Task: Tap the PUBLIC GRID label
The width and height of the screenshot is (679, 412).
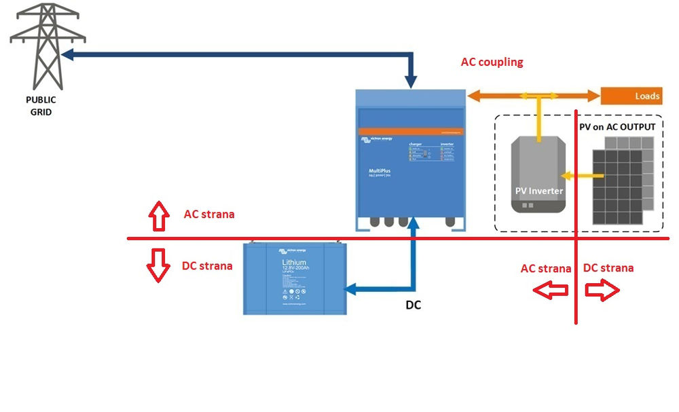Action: click(x=37, y=106)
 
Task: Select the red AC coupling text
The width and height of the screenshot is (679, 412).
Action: click(x=492, y=62)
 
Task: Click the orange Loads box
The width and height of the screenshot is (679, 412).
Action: click(x=631, y=96)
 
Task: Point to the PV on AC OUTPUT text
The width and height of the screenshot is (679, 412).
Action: click(x=617, y=127)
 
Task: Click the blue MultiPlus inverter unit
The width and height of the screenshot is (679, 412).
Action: click(x=411, y=160)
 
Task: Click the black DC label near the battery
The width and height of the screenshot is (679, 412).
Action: click(x=413, y=305)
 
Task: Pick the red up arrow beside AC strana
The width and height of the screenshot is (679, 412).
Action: click(x=158, y=215)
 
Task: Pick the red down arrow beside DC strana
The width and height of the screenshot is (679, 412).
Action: click(x=158, y=265)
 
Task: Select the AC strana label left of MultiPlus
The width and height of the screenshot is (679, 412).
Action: click(x=209, y=214)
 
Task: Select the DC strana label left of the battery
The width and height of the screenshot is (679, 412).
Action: click(x=207, y=266)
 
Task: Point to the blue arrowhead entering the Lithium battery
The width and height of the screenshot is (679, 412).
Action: click(x=350, y=290)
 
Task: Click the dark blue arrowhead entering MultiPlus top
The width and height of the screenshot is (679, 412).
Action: click(x=411, y=82)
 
